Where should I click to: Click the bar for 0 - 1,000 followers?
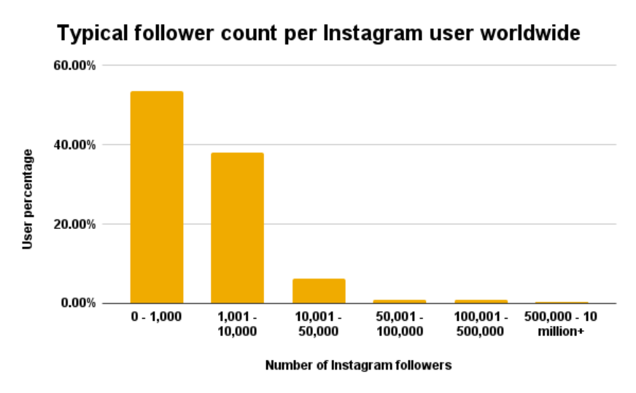pyautogui.click(x=157, y=197)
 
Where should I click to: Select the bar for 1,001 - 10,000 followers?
pyautogui.click(x=238, y=227)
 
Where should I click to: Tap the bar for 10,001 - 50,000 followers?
pyautogui.click(x=319, y=291)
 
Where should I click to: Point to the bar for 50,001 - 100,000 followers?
pyautogui.click(x=400, y=301)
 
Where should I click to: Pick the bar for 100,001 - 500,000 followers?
pyautogui.click(x=481, y=301)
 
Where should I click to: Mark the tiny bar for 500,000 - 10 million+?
pyautogui.click(x=562, y=302)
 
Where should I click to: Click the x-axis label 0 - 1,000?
pyautogui.click(x=157, y=319)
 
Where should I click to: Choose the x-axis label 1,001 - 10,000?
pyautogui.click(x=238, y=325)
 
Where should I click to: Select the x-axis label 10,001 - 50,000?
pyautogui.click(x=319, y=325)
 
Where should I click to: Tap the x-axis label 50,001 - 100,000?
pyautogui.click(x=400, y=325)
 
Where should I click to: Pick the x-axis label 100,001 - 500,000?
pyautogui.click(x=481, y=325)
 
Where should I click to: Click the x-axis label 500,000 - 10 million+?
pyautogui.click(x=562, y=325)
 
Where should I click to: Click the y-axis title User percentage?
pyautogui.click(x=28, y=198)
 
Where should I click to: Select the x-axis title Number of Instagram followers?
pyautogui.click(x=358, y=365)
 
